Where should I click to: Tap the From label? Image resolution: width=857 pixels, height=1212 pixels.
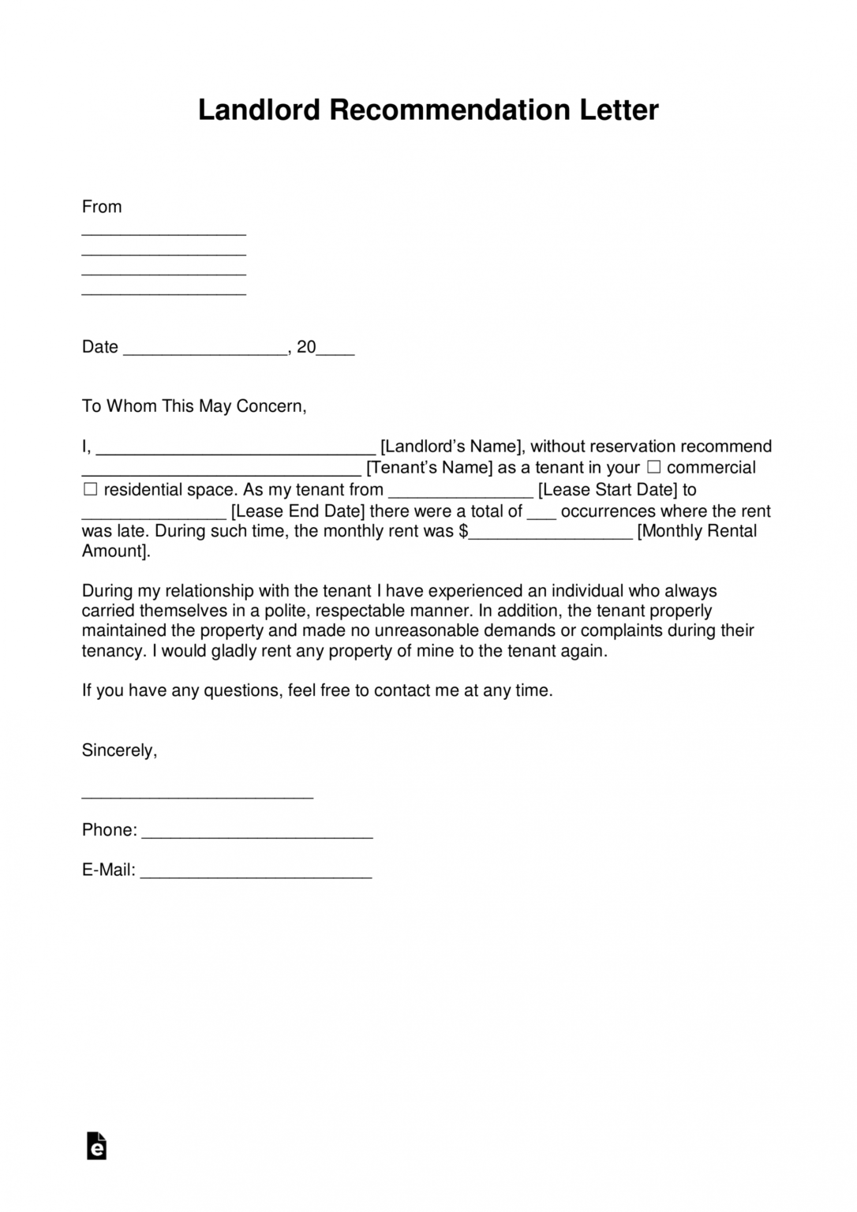(x=102, y=207)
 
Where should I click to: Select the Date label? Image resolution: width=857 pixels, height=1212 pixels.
(x=100, y=347)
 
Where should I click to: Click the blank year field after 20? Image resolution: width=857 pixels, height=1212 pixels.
(x=335, y=351)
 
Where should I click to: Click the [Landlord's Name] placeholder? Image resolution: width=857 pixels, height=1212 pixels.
(x=451, y=447)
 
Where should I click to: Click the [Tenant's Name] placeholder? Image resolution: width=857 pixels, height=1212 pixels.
(x=430, y=468)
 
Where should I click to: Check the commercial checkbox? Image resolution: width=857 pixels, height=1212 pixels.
(x=653, y=467)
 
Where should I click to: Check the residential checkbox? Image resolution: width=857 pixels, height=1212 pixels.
(x=90, y=489)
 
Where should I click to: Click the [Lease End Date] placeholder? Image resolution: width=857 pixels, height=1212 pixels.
(x=298, y=511)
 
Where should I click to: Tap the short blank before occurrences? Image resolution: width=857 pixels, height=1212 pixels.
(x=541, y=515)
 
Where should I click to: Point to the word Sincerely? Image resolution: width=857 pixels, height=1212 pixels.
(x=119, y=750)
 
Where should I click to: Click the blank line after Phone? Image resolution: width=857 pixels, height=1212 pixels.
(x=257, y=835)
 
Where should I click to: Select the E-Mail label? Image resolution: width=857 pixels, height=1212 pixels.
(x=108, y=870)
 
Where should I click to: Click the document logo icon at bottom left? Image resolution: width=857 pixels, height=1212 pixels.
(x=96, y=1147)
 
